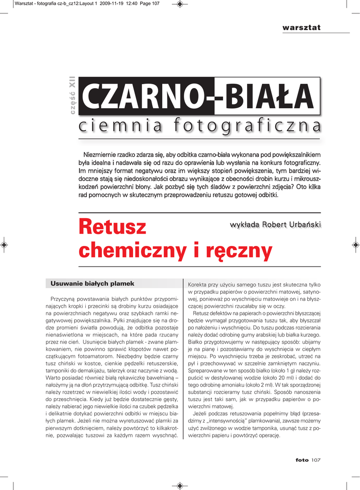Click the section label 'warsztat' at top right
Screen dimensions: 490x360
pyautogui.click(x=301, y=27)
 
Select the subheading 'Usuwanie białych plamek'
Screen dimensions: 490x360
pyautogui.click(x=92, y=284)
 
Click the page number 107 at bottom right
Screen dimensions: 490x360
pyautogui.click(x=315, y=460)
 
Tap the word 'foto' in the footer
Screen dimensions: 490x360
pyautogui.click(x=302, y=460)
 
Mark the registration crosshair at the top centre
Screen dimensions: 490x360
pyautogui.click(x=180, y=4)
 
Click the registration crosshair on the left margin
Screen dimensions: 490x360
pyautogui.click(x=4, y=245)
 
